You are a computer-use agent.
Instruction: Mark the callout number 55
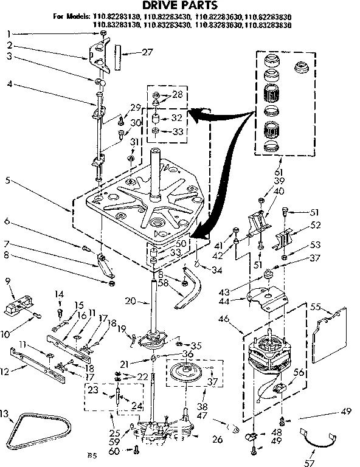point(314,306)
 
